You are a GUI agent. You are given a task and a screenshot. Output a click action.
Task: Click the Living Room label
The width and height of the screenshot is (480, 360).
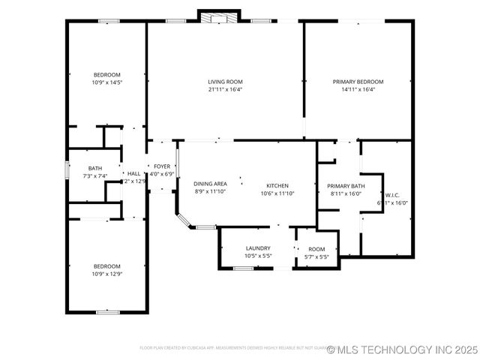coord(225,82)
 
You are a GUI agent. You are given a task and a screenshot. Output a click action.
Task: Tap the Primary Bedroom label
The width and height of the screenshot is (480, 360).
coord(358,82)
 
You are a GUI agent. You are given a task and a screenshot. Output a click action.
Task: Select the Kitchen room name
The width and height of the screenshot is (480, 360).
coord(277,185)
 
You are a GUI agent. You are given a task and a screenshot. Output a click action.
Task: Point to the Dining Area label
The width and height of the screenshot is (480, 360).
coord(210,184)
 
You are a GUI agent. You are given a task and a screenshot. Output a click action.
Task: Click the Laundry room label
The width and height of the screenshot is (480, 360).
coord(258,248)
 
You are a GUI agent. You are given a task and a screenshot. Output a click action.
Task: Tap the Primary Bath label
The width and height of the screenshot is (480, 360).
coord(346,186)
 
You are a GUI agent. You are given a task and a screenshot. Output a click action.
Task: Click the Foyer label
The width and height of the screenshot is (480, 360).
coord(162,166)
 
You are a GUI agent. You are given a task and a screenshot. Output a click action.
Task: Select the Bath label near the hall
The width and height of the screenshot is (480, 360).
coord(95,168)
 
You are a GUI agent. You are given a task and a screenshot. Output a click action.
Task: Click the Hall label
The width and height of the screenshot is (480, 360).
coord(133,173)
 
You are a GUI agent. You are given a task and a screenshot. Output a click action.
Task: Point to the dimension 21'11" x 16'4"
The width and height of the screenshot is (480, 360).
coord(225,89)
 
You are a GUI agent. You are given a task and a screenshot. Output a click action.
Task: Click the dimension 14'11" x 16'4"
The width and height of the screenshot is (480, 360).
coord(358,89)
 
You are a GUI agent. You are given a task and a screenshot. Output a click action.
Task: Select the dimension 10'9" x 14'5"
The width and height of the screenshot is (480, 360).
coord(106,82)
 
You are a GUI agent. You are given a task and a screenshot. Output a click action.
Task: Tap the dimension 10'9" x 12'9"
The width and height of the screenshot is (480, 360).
coord(106,274)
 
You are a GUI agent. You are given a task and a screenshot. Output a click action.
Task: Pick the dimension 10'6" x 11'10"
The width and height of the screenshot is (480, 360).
coord(277,193)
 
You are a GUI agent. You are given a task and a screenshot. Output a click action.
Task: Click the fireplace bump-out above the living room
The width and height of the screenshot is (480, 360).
coord(218,15)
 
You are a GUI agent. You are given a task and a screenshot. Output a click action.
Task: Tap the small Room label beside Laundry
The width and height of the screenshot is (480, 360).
coord(316,249)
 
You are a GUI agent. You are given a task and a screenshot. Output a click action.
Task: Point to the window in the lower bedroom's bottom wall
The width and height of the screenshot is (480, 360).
coord(108,311)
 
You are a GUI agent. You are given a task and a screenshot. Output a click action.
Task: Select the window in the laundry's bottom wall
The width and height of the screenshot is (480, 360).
coord(242,268)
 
